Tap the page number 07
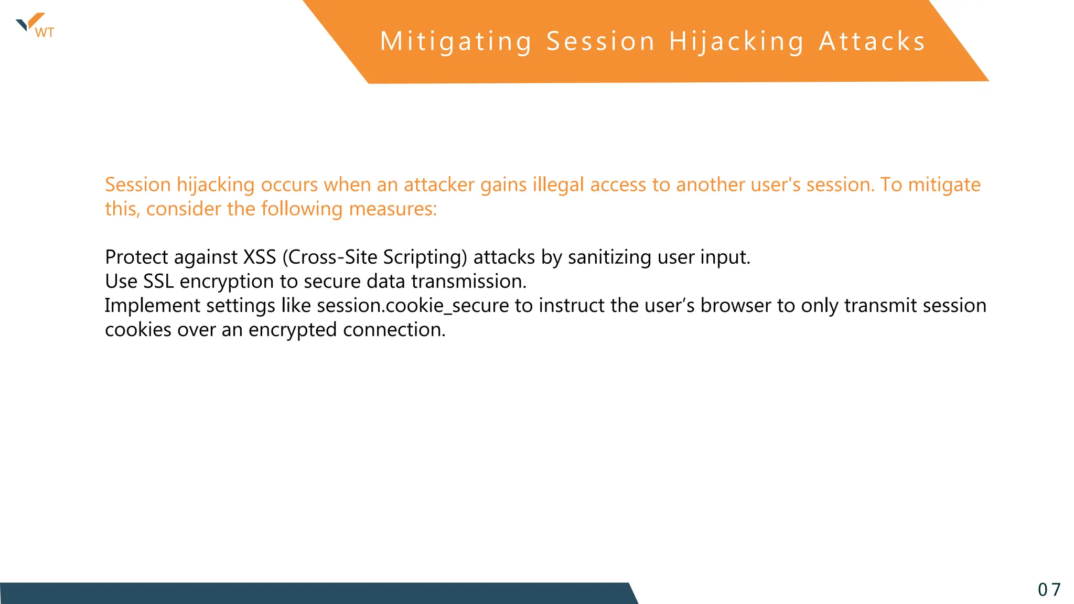1049,590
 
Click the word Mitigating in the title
456,41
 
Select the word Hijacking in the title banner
736,41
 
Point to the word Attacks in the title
872,41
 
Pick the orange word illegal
558,185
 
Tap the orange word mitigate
944,185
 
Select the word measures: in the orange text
393,209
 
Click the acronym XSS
260,257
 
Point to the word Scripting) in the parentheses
425,257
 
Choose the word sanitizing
609,257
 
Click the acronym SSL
158,282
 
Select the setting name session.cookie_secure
413,306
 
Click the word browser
735,306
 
